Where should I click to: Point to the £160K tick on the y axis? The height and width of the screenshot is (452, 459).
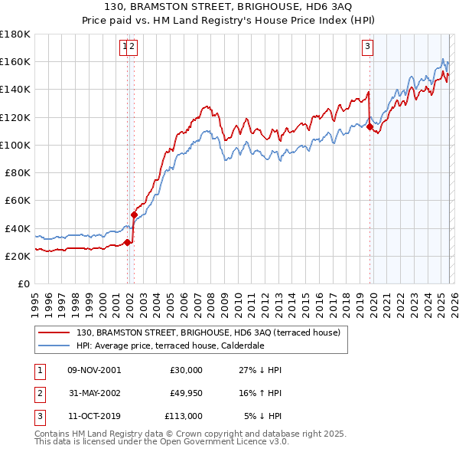[16, 61]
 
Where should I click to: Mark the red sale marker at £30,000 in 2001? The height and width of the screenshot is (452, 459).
[127, 243]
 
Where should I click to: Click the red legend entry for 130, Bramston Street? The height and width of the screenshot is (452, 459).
[213, 332]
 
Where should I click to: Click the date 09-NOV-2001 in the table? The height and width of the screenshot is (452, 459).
[93, 370]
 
